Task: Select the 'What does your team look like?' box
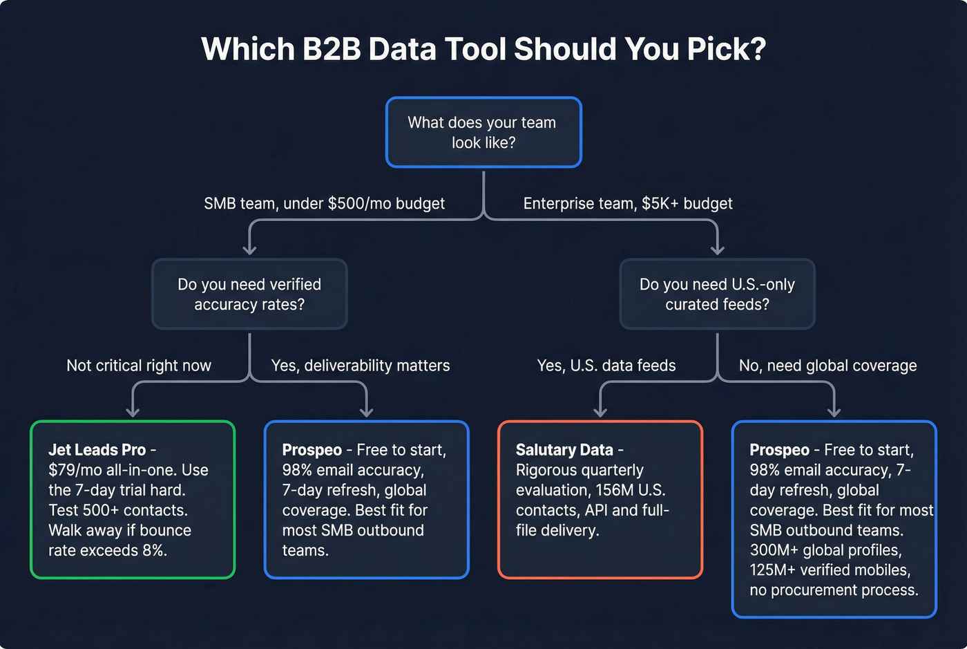483,132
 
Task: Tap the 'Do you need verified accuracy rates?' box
249,294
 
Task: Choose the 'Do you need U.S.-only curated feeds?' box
717,294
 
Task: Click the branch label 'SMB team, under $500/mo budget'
324,203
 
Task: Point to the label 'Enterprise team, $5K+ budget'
628,203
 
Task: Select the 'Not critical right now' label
139,366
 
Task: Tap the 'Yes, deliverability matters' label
361,366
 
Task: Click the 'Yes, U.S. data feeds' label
606,366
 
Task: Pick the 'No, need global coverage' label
827,366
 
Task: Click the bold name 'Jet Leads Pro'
97,450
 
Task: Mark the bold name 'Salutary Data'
564,450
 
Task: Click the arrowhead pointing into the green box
133,412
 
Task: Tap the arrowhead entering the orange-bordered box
600,412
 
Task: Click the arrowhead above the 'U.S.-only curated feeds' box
717,250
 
